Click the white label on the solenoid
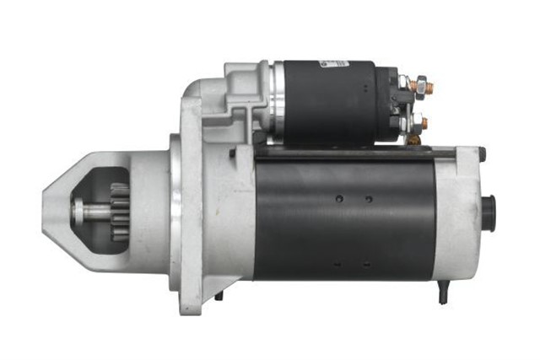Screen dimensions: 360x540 click(338, 65)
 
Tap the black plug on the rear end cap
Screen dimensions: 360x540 click(488, 210)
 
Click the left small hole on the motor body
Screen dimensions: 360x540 click(338, 199)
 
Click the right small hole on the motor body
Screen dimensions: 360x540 click(369, 199)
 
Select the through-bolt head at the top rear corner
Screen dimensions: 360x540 click(482, 153)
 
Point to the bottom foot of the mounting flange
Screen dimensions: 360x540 click(192, 299)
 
